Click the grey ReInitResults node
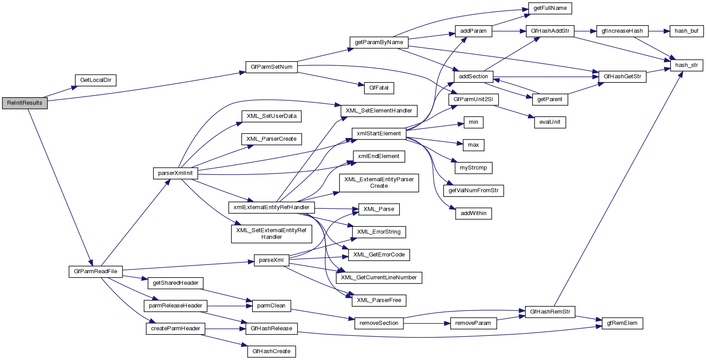[25, 103]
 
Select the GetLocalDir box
[95, 81]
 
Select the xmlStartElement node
[379, 133]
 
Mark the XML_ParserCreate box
[271, 139]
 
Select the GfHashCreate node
[271, 351]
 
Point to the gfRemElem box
[622, 323]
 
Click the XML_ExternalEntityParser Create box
[379, 182]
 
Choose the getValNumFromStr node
[473, 191]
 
